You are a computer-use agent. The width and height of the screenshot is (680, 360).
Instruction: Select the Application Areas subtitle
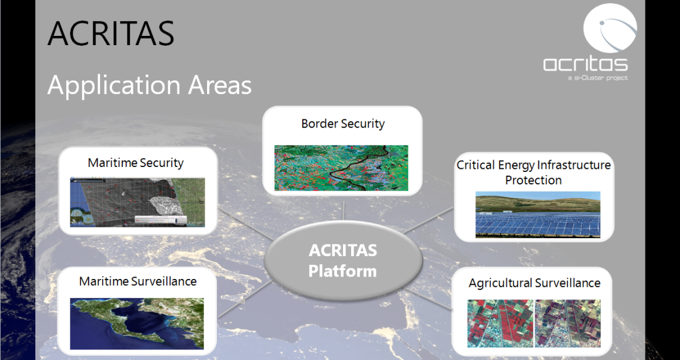149,85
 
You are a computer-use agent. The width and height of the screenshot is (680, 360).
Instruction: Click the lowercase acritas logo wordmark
585,64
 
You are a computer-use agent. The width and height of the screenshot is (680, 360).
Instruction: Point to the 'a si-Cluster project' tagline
598,78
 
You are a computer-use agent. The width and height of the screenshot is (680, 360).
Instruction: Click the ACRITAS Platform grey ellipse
343,260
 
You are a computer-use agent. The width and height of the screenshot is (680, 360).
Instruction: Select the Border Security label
343,124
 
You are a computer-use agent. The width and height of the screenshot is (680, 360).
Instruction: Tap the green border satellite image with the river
341,168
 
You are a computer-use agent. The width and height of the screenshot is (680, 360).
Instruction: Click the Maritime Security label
136,163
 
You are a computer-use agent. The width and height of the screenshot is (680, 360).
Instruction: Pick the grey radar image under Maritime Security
137,202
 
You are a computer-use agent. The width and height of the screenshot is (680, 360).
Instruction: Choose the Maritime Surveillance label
138,281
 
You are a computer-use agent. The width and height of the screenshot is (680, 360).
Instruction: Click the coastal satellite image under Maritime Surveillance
137,323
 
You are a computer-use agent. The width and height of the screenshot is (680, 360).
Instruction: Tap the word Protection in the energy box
533,180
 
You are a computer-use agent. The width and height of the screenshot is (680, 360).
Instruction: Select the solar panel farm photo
538,215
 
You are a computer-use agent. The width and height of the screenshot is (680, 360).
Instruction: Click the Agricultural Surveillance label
535,283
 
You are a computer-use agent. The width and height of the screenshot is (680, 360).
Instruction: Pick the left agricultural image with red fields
500,323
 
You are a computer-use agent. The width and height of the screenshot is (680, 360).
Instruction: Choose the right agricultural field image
568,323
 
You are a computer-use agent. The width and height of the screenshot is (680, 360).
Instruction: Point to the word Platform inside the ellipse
342,272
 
